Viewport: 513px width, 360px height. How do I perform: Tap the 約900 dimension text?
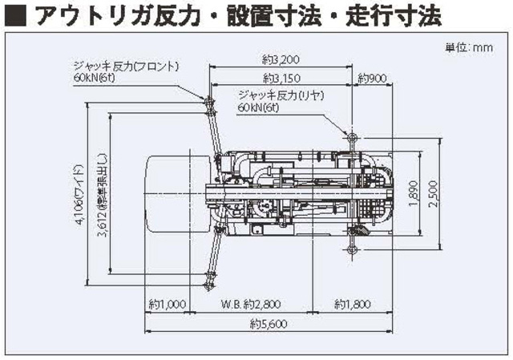(373, 79)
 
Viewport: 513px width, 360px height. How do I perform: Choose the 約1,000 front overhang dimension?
(167, 305)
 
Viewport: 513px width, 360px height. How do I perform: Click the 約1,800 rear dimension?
(353, 305)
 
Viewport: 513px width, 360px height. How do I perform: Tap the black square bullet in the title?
(14, 16)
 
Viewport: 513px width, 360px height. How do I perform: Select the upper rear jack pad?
(351, 137)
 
